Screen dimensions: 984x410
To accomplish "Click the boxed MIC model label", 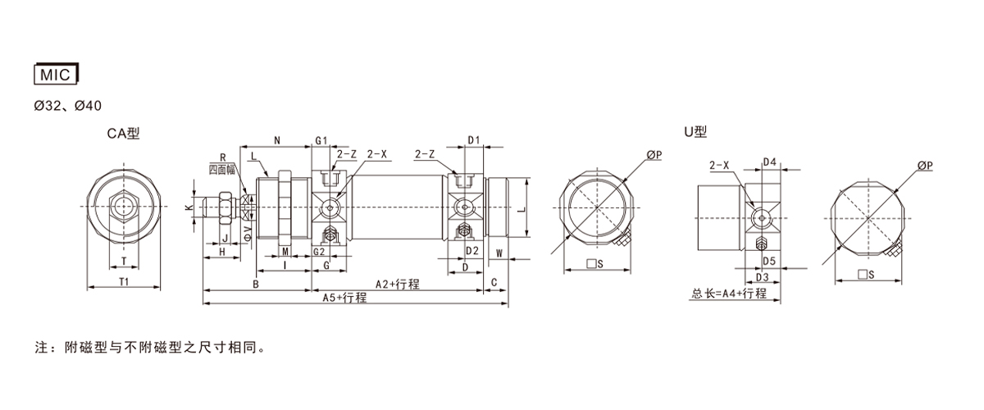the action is tap(56, 74).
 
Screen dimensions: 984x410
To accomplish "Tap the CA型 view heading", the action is tap(123, 133).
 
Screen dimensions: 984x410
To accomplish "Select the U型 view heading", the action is tap(695, 131).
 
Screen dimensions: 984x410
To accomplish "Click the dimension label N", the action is tap(277, 140).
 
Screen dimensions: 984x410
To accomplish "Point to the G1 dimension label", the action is tap(321, 140).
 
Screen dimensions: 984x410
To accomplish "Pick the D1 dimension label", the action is tap(474, 140).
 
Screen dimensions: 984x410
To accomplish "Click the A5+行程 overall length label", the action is tap(344, 298).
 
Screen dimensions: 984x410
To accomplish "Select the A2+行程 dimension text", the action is tap(398, 284).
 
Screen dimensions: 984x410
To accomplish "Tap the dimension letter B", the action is tap(256, 285).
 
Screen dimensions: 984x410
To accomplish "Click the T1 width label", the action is tap(124, 282).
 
